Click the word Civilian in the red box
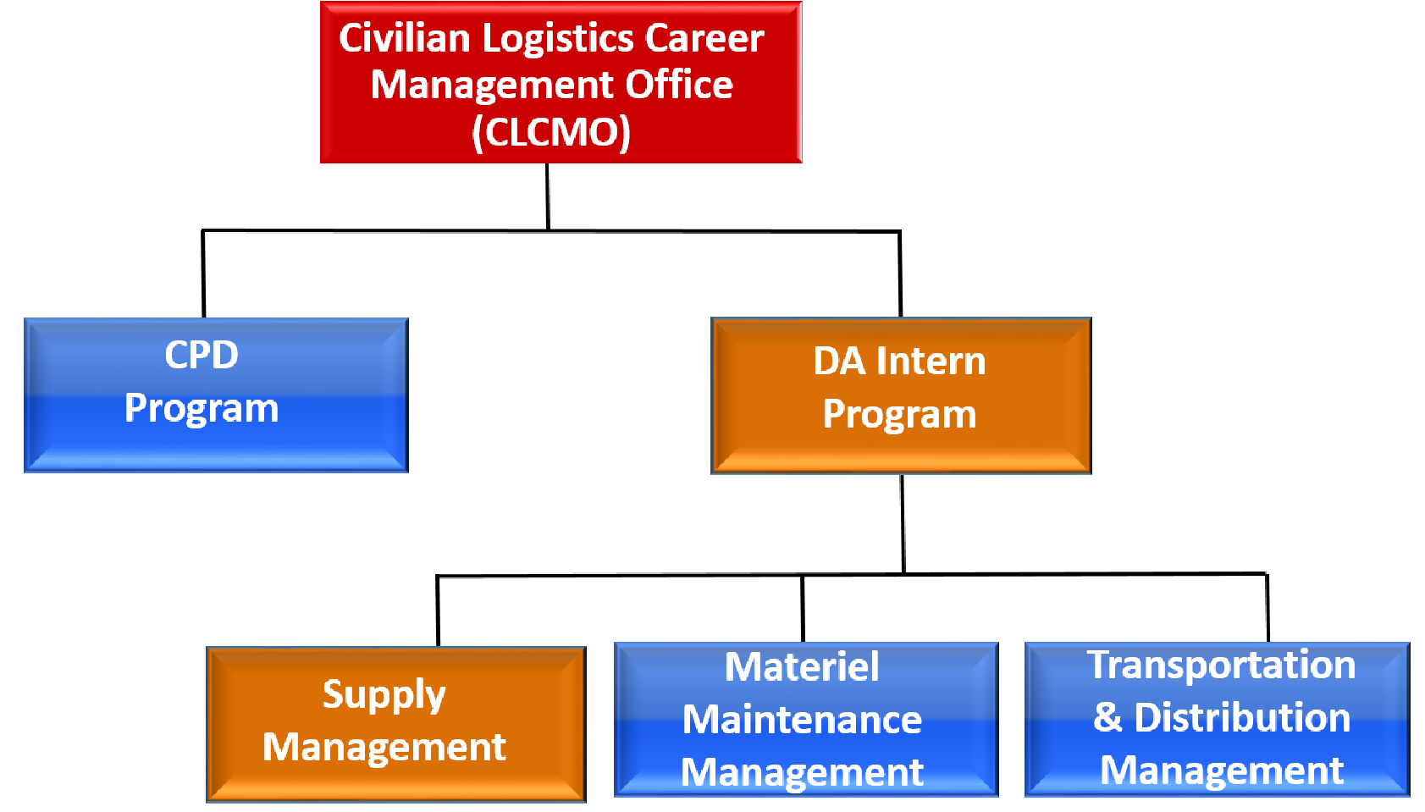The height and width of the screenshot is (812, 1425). [x=405, y=38]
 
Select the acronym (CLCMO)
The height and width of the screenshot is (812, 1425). [x=551, y=133]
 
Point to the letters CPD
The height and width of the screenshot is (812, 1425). [x=202, y=355]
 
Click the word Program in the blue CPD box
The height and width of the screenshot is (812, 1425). [x=202, y=409]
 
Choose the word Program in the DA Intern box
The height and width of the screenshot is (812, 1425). [x=899, y=416]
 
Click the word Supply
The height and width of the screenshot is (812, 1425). [x=384, y=695]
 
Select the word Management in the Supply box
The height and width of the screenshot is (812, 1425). [x=384, y=747]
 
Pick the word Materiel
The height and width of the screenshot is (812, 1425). [x=802, y=667]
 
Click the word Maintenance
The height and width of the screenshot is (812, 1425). [x=802, y=720]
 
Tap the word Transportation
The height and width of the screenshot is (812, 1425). [x=1221, y=665]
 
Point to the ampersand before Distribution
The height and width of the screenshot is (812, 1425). [x=1107, y=717]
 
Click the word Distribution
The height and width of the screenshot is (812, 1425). [x=1242, y=717]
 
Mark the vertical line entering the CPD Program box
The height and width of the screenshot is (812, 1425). [x=203, y=273]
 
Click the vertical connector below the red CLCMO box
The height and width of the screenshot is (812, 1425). [x=547, y=196]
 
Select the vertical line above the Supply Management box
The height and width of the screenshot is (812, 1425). [x=438, y=611]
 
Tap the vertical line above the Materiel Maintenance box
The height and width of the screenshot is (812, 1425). [x=803, y=608]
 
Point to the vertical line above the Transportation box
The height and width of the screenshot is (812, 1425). [x=1268, y=608]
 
